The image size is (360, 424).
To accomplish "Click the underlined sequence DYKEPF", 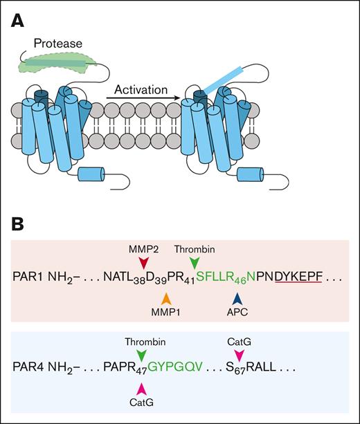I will tap(299, 278).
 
